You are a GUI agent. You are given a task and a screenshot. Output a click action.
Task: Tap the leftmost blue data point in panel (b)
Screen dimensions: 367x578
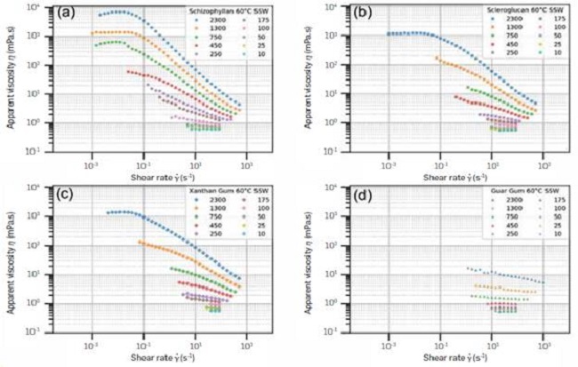point(388,34)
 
